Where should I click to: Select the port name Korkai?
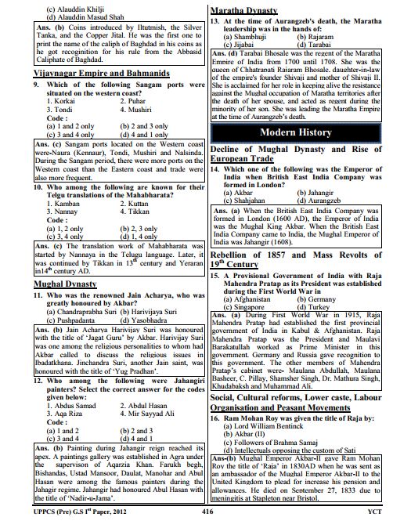click(x=65, y=101)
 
